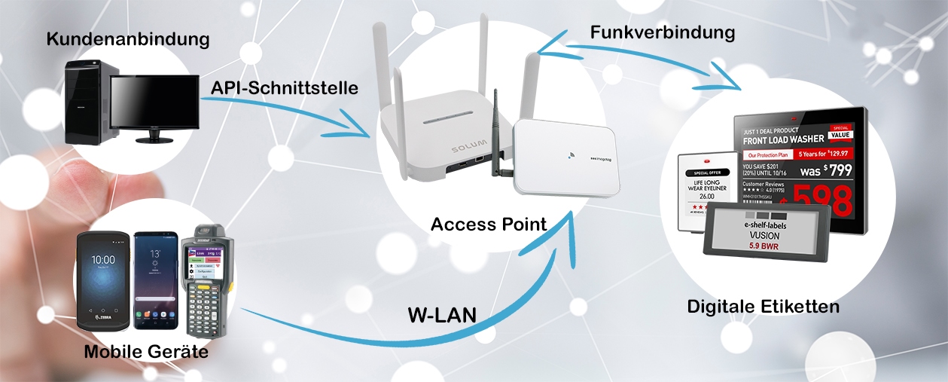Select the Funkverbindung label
(663, 32)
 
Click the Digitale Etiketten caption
(763, 307)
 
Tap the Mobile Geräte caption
(146, 351)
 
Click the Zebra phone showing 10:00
(103, 280)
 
